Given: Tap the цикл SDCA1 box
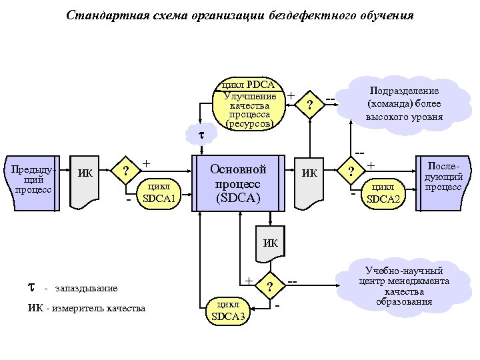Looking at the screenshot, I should (159, 191).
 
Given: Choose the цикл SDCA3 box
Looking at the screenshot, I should (228, 310).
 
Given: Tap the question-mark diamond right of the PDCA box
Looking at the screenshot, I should (308, 105).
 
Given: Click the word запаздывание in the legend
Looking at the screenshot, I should (86, 288).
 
